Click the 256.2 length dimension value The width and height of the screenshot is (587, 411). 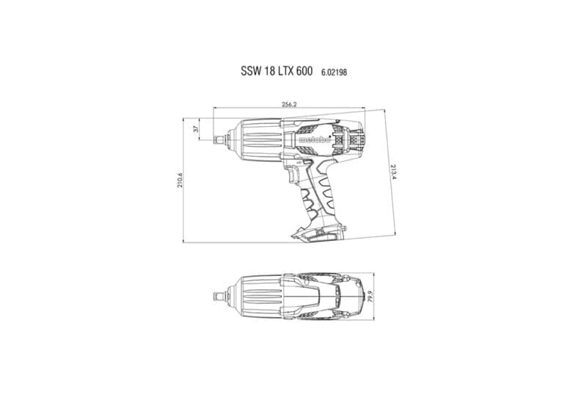[x=289, y=104]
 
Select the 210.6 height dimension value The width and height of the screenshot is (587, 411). [x=180, y=180]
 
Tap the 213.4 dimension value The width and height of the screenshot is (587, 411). [x=393, y=172]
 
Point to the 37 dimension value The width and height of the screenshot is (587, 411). [x=195, y=129]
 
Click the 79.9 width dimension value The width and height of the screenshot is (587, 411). [x=371, y=297]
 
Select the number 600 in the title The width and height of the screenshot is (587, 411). [x=304, y=71]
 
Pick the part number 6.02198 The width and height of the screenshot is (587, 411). [x=334, y=72]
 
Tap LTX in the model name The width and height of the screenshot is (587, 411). [x=285, y=71]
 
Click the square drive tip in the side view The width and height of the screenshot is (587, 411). [x=216, y=140]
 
